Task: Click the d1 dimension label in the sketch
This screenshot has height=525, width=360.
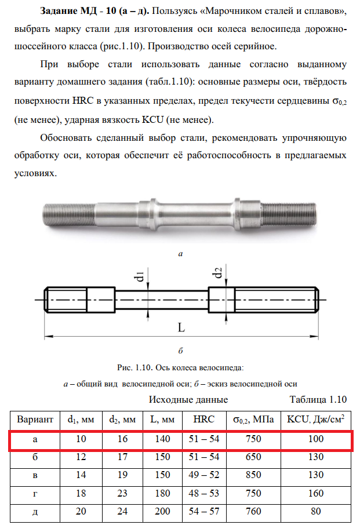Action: [x=140, y=276]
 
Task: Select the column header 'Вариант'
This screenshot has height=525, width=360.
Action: [x=35, y=420]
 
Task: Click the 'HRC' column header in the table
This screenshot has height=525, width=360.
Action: [x=204, y=420]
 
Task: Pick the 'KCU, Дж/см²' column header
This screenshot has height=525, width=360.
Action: [x=316, y=420]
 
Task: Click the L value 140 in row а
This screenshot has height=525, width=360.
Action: [x=162, y=439]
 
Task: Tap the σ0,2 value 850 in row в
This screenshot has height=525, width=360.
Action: [x=253, y=475]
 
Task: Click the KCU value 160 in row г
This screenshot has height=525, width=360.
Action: [x=316, y=494]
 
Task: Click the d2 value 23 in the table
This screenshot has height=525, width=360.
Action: [x=122, y=494]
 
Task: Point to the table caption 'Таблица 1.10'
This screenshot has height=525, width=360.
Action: [x=318, y=399]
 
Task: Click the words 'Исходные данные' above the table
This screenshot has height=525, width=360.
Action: [x=188, y=399]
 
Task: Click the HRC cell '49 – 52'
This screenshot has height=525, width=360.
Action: [x=204, y=475]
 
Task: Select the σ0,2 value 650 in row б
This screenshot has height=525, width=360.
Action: [x=253, y=457]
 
